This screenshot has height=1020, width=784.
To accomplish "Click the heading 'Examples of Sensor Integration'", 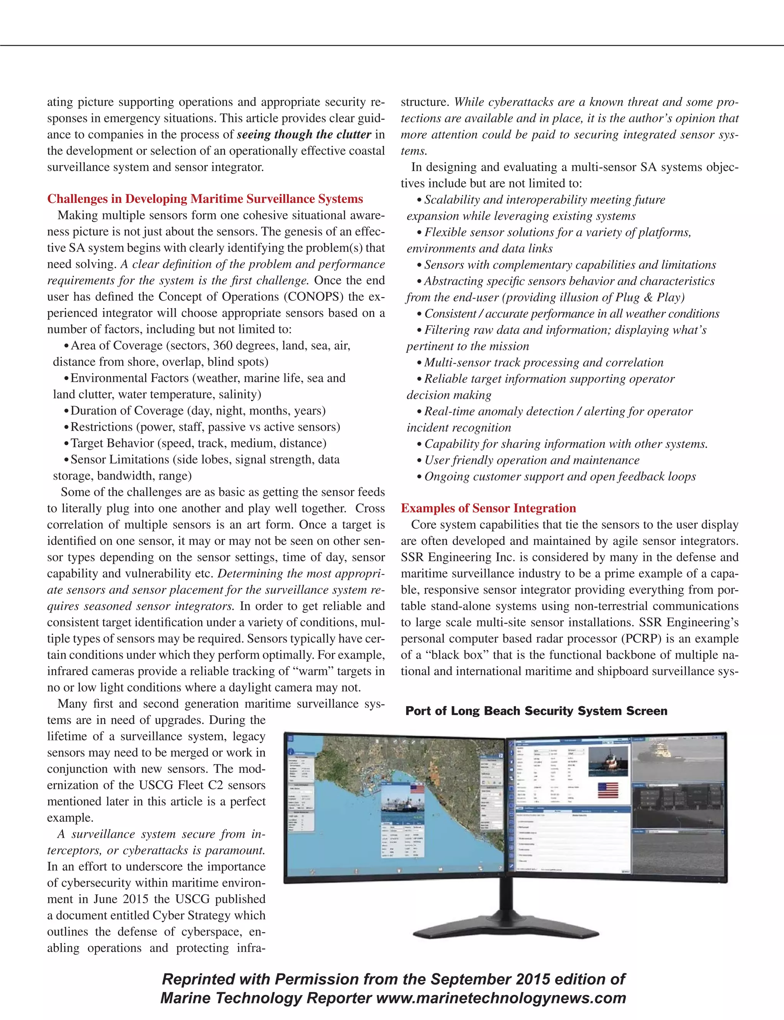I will pyautogui.click(x=488, y=508).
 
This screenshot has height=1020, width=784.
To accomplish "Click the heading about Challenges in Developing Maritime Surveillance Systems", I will pyautogui.click(x=205, y=199).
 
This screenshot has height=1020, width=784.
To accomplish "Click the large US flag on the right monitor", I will pyautogui.click(x=608, y=790).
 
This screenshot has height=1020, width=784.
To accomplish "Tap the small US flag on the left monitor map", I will pyautogui.click(x=417, y=788).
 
